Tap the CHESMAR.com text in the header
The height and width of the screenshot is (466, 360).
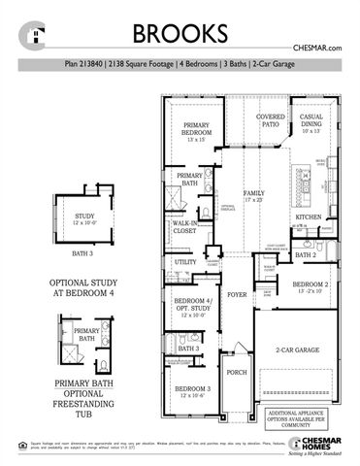(x=319, y=48)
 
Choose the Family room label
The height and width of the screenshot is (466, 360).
(x=253, y=196)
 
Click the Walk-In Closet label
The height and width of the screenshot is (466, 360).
(x=184, y=229)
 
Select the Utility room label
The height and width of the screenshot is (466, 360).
(x=184, y=262)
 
